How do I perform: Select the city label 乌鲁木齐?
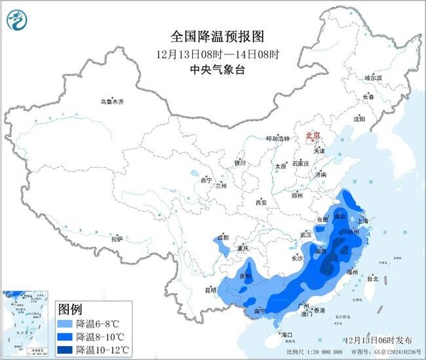click(x=111, y=102)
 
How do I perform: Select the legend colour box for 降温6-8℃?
click(x=64, y=324)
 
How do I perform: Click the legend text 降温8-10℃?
click(x=102, y=336)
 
